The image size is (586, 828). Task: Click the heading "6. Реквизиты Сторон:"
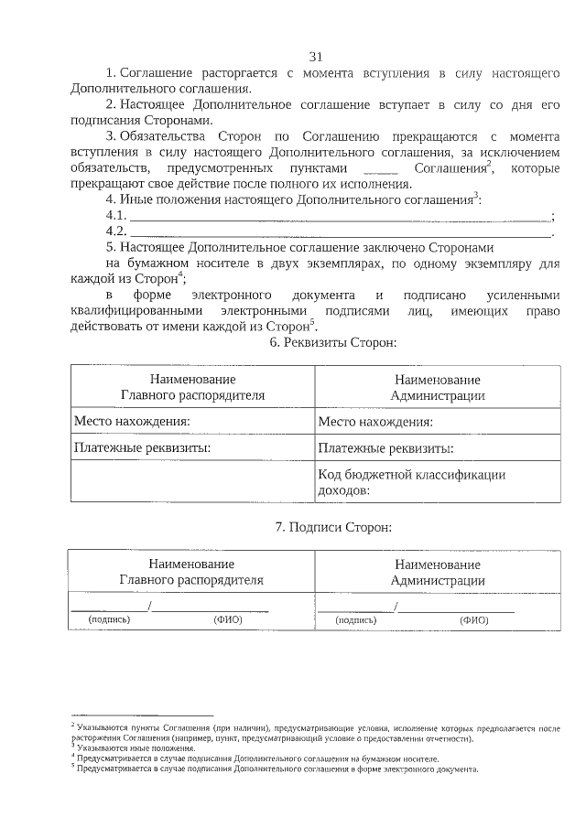(332, 341)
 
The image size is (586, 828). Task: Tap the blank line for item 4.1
(339, 217)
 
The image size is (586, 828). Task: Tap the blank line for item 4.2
(339, 232)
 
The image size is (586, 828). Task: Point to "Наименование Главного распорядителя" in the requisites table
(193, 386)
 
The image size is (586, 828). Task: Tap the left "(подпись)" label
(109, 619)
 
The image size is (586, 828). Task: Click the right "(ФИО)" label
(473, 619)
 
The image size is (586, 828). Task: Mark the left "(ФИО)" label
(227, 619)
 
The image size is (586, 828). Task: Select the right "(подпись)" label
(356, 619)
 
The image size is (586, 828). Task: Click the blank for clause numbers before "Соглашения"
(380, 170)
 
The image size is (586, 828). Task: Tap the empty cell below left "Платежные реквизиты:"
(192, 481)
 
